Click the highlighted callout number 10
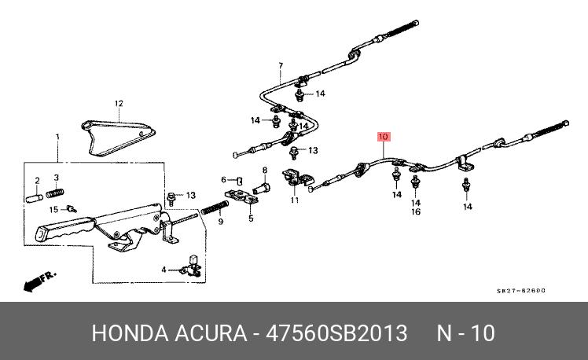pos(384,137)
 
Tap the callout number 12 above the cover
pos(119,103)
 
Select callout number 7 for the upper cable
pos(281,65)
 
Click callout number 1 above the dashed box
pos(57,137)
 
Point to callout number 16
pos(416,211)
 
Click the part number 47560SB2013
pos(336,333)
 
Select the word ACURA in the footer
pos(211,333)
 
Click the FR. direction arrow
pos(39,281)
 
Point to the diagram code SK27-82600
pos(521,291)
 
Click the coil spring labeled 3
pos(55,193)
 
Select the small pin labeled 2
pos(35,198)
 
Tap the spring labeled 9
pos(215,207)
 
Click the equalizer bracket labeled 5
pos(241,197)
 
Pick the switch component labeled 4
pos(192,266)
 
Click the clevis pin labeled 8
pos(261,188)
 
